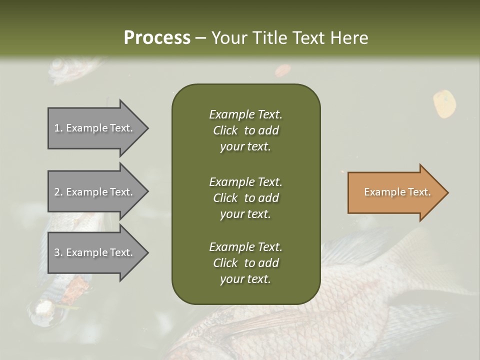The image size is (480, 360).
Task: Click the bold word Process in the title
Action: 157,37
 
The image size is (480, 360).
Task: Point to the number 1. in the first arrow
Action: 58,128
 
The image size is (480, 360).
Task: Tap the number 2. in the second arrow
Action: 58,192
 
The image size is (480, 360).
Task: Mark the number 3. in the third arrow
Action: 58,252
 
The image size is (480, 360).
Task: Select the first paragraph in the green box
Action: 245,130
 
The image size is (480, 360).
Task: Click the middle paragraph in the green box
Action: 245,197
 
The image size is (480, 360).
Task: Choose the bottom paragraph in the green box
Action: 245,263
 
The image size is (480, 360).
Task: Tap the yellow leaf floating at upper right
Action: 444,104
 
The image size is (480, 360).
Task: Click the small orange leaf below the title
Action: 282,70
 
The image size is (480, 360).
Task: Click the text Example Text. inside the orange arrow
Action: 397,192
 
